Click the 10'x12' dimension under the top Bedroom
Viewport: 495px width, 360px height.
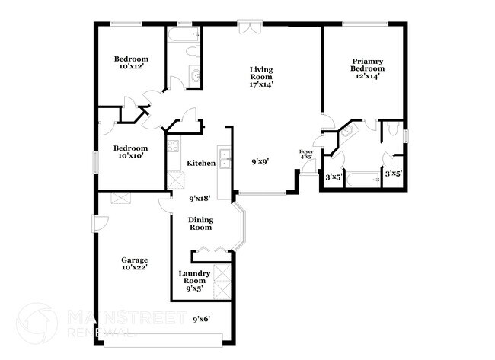click(x=131, y=68)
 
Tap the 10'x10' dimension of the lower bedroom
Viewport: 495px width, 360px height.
click(x=131, y=156)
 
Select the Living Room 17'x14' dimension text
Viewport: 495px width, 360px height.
click(x=261, y=84)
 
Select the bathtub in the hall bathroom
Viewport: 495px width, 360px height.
click(x=184, y=35)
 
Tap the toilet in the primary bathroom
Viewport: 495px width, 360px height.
click(x=391, y=130)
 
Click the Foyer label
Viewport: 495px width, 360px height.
click(x=305, y=152)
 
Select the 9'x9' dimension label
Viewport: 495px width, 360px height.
click(x=260, y=161)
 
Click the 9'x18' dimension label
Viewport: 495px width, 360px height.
click(x=200, y=199)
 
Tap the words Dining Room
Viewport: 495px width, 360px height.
click(x=200, y=223)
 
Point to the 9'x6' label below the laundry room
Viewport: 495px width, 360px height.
click(x=200, y=319)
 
